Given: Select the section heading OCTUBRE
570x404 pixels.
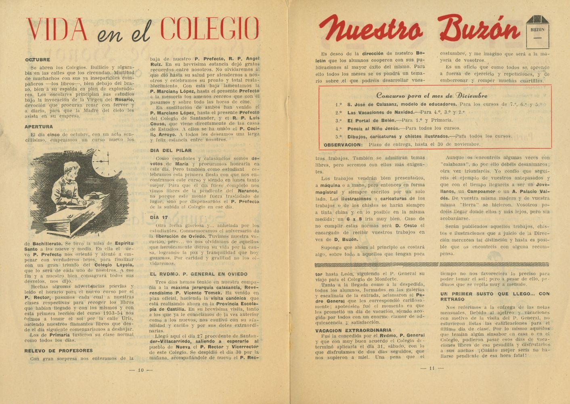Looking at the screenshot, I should [37, 60].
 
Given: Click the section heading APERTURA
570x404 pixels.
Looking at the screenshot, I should [39, 126].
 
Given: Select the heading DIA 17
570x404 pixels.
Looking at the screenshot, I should [159, 217].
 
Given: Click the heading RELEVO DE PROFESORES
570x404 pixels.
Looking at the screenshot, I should [59, 350].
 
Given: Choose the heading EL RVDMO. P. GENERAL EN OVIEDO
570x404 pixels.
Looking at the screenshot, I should [199, 274].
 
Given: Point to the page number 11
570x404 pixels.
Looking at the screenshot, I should [432, 368].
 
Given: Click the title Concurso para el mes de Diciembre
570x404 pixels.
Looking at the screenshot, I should [432, 96].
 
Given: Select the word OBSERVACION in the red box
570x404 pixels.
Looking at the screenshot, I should [343, 144].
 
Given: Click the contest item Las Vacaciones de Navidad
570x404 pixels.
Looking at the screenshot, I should [381, 112].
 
